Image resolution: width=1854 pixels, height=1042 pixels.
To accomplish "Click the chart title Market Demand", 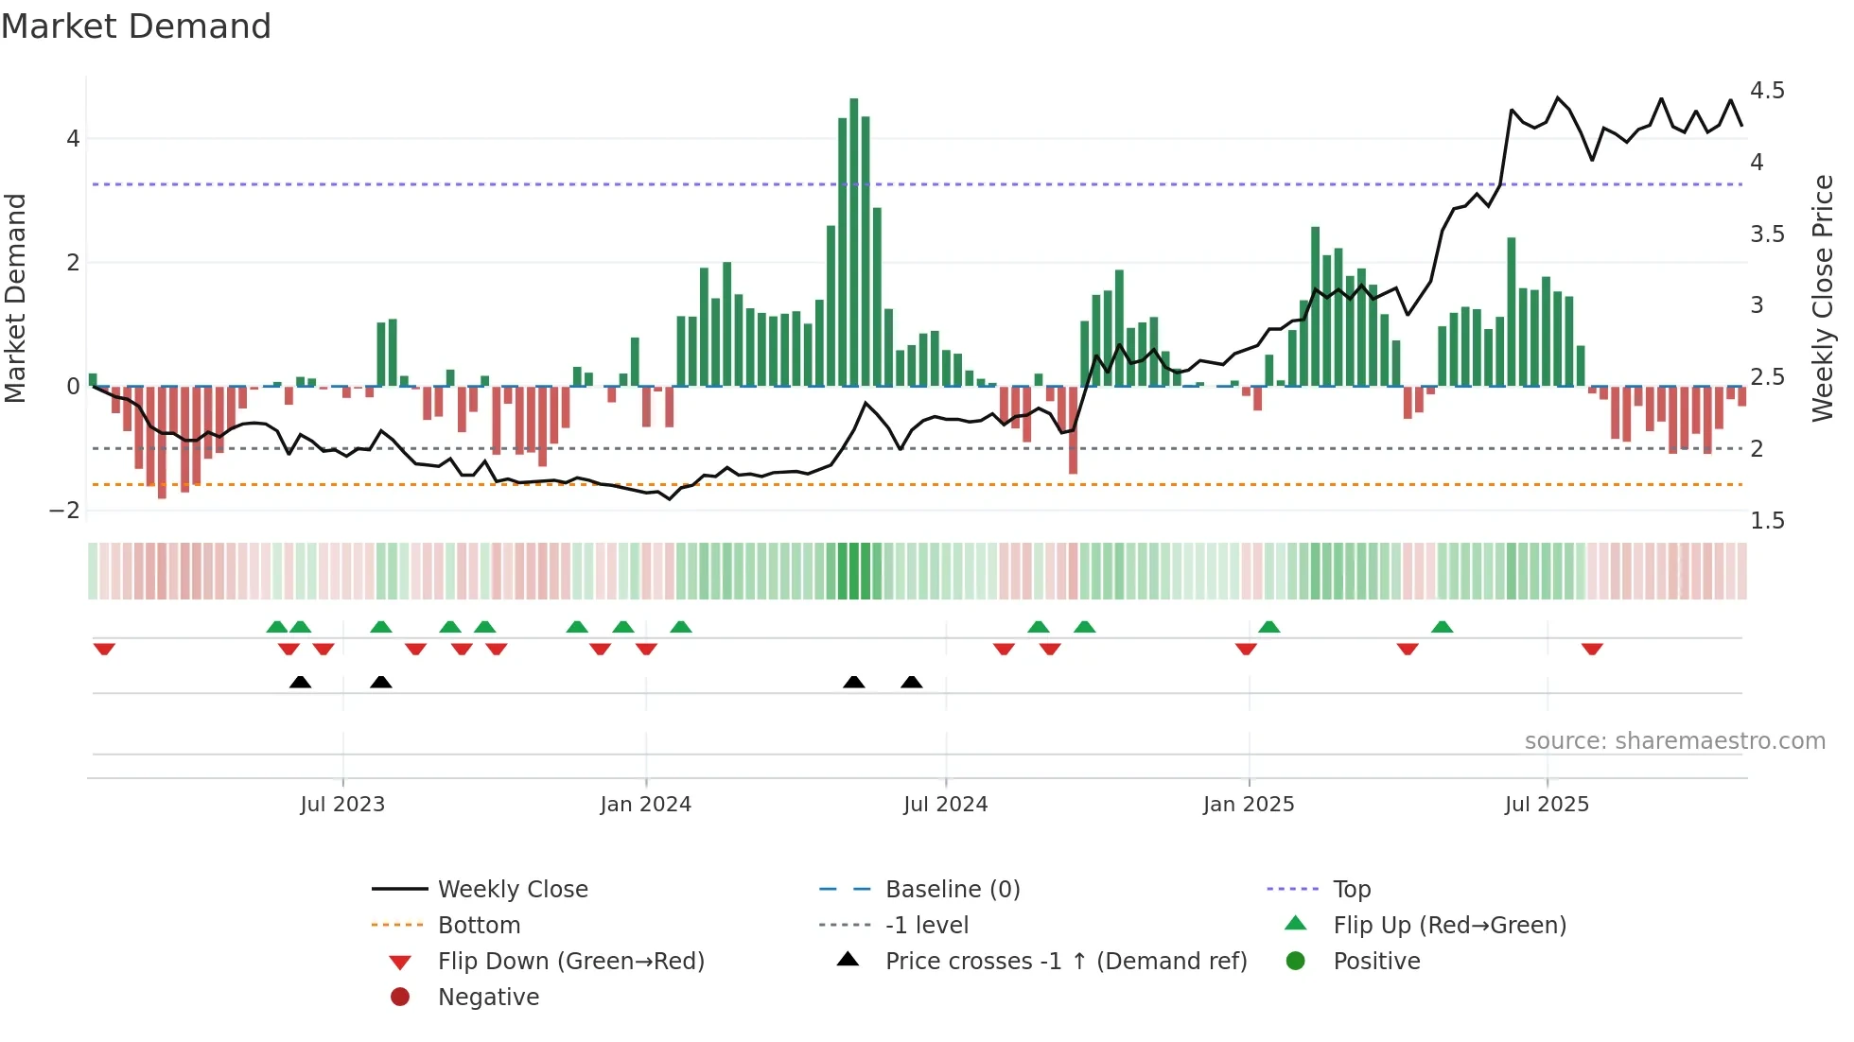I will coord(136,26).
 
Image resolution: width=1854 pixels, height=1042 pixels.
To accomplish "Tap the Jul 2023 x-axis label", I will coord(342,805).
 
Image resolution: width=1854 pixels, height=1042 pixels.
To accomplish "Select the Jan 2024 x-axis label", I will coord(645,805).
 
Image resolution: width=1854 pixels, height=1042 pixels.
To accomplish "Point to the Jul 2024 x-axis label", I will coord(945,805).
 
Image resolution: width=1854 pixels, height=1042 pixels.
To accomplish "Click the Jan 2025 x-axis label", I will coord(1248,805).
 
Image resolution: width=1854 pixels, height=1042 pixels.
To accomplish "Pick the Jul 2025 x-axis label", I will coord(1547,805).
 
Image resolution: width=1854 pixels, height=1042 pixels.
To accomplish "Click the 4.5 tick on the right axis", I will coord(1766,91).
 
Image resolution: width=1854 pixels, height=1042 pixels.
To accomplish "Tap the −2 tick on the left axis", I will coord(65,511).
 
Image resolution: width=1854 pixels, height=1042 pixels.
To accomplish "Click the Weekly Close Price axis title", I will coord(1822,298).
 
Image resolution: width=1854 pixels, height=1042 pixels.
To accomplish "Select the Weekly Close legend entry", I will coord(512,890).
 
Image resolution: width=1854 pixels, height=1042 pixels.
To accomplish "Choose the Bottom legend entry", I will coord(479,926).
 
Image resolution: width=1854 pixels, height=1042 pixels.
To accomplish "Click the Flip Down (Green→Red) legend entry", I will coord(570,962).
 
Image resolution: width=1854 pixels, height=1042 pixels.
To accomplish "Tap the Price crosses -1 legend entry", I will coord(1065,962).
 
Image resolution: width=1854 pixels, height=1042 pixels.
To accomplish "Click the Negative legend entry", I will coord(488,998).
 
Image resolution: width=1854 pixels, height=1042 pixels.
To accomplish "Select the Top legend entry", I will coord(1351,890).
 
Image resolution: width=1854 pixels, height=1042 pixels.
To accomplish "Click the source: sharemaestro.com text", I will coord(1674,741).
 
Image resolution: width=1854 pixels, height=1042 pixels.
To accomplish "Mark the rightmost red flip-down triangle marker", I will coord(1592,649).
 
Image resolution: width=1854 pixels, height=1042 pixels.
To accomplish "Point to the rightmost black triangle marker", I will coord(911,683).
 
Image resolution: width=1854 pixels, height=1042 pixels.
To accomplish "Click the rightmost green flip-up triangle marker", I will coord(1442,627).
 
